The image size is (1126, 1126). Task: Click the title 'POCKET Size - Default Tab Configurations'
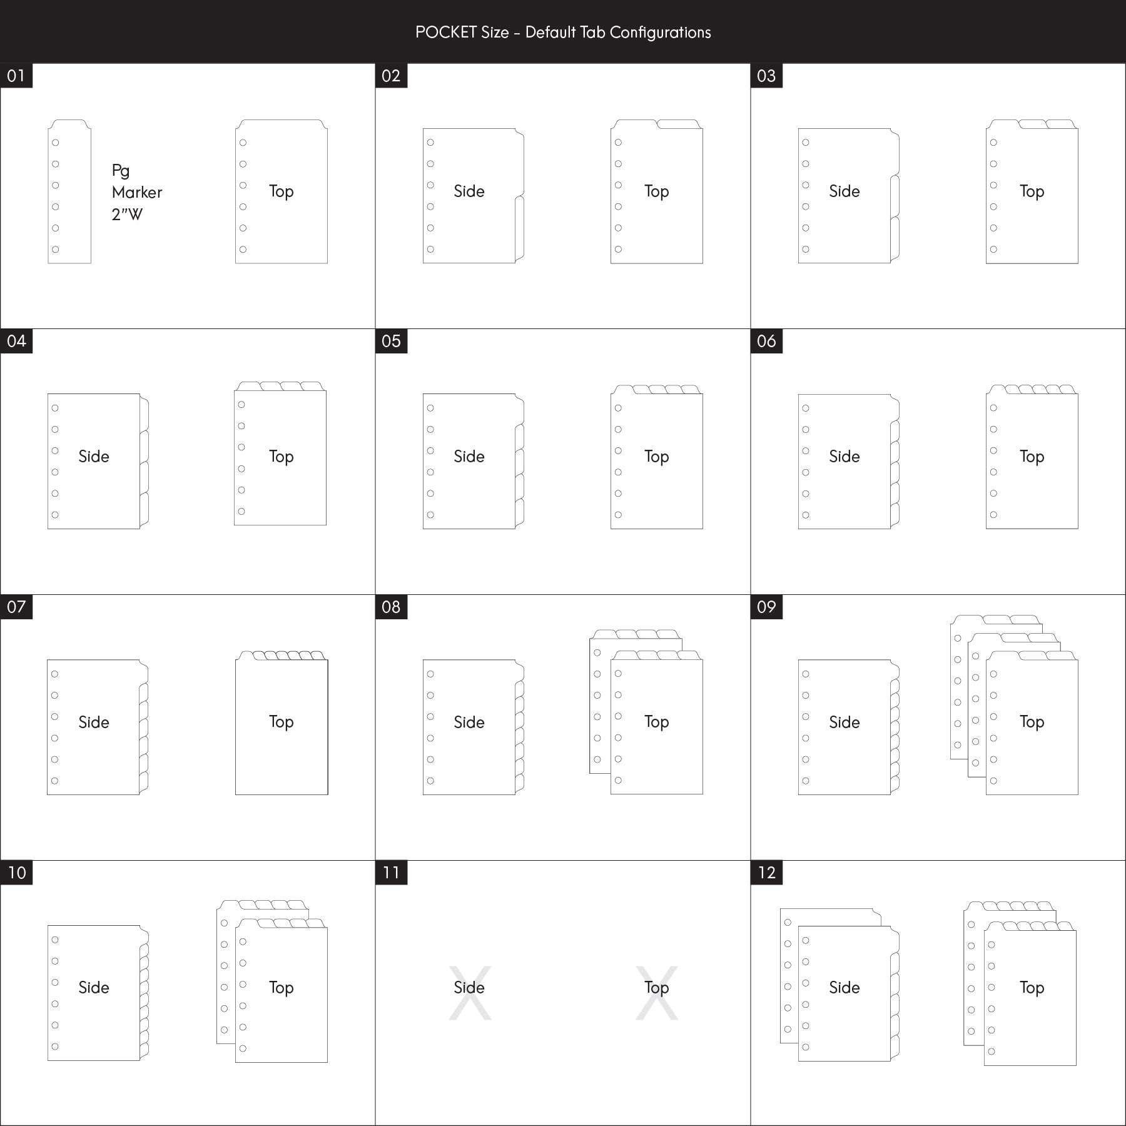click(563, 33)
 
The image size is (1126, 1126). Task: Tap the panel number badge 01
click(16, 76)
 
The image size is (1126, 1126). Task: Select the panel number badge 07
click(16, 607)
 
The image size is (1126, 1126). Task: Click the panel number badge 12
click(767, 873)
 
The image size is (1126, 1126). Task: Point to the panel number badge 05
click(392, 341)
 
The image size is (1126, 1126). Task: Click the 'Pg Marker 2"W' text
click(137, 192)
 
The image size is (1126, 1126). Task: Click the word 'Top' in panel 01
click(281, 191)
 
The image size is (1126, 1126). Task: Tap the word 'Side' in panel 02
click(469, 191)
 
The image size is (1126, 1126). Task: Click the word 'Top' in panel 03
click(1032, 191)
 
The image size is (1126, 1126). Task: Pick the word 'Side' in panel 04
click(94, 457)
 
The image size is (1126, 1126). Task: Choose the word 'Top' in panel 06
click(1032, 457)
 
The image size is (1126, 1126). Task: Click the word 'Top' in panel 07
click(281, 722)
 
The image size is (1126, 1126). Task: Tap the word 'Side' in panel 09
click(844, 723)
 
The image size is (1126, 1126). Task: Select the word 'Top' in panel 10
click(281, 988)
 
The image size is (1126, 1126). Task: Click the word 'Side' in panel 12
click(844, 988)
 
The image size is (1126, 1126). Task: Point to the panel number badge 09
click(767, 607)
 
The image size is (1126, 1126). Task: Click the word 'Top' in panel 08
click(657, 722)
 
